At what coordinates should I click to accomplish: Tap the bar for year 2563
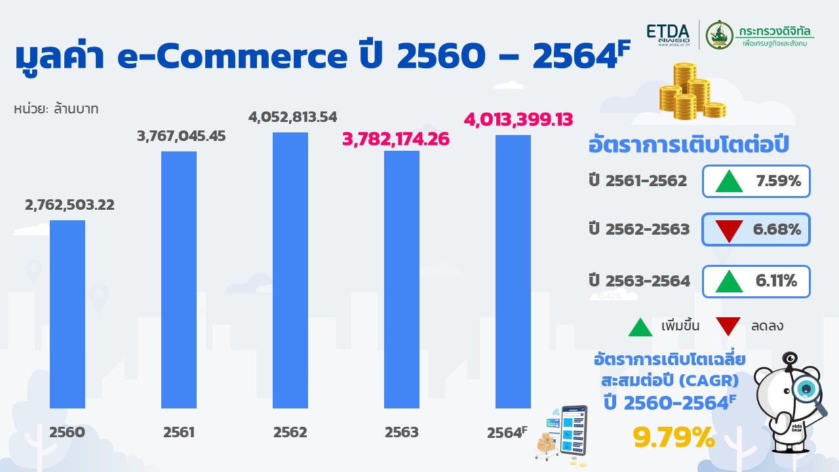(402, 279)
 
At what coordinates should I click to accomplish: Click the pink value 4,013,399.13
(518, 120)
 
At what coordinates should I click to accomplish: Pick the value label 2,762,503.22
(69, 205)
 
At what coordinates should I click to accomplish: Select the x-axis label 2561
(178, 433)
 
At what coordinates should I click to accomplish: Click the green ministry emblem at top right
(719, 35)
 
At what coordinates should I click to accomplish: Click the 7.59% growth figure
(778, 182)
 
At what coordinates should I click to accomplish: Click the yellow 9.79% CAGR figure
(673, 438)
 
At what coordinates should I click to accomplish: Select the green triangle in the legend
(640, 326)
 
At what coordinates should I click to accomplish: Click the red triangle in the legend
(728, 326)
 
